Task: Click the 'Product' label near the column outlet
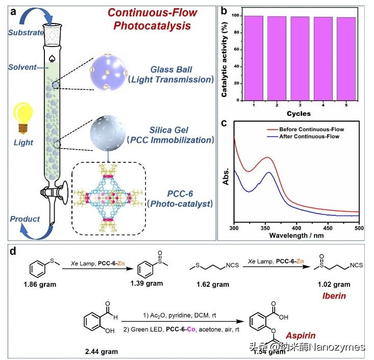point(24,219)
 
